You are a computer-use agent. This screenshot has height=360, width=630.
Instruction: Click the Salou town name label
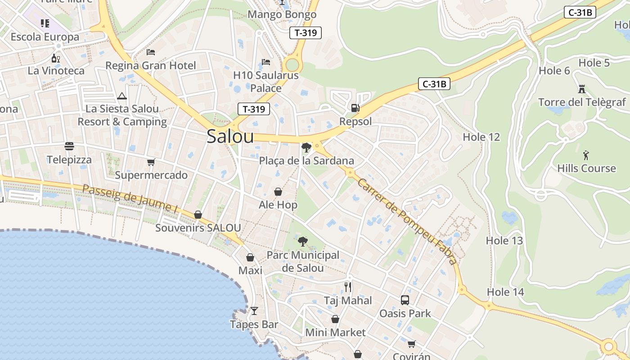230,137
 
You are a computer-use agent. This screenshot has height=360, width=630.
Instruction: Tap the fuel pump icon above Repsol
355,108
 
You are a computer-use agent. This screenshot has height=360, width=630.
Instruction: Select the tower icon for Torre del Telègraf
582,89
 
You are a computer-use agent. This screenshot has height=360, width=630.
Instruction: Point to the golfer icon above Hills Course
585,156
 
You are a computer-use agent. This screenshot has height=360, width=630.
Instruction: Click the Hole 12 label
481,137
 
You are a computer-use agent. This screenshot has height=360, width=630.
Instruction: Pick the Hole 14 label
505,292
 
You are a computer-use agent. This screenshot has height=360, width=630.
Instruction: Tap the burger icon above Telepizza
69,146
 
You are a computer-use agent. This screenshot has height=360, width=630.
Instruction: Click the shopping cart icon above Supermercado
151,162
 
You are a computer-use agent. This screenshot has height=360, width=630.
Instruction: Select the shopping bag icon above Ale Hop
278,192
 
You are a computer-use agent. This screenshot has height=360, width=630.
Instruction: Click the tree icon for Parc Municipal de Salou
303,242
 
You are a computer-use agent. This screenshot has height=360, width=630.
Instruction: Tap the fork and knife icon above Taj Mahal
348,287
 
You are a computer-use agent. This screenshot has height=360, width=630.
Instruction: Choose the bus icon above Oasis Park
405,300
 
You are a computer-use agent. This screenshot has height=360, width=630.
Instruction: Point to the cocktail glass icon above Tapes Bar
254,311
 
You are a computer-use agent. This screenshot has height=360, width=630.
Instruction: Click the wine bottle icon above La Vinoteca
56,58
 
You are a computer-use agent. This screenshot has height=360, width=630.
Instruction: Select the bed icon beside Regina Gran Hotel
151,52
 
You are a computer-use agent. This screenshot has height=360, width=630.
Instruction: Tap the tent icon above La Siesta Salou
121,96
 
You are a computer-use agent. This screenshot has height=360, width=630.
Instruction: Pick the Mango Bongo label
282,14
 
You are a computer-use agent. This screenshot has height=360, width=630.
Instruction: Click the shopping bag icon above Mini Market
335,319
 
